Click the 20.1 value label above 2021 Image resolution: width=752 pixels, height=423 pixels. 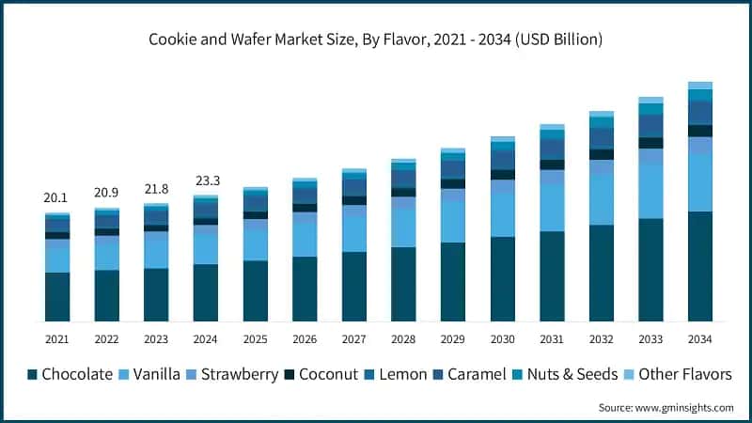[x=56, y=198]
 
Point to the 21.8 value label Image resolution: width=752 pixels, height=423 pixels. [x=155, y=189]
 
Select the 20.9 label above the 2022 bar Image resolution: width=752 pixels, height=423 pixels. [x=106, y=194]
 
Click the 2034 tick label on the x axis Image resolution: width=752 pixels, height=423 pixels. [x=699, y=338]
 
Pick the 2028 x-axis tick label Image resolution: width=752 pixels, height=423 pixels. [x=403, y=338]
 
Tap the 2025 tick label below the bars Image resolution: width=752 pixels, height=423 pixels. [x=255, y=338]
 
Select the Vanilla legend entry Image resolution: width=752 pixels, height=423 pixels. [x=159, y=374]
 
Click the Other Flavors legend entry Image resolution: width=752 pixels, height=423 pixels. [x=676, y=374]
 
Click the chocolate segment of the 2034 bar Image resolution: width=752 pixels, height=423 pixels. [x=699, y=267]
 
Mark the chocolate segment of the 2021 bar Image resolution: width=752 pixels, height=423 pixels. [x=56, y=297]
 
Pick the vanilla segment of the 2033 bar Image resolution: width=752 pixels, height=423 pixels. [x=650, y=192]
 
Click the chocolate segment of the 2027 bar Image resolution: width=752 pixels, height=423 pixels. [x=353, y=287]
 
